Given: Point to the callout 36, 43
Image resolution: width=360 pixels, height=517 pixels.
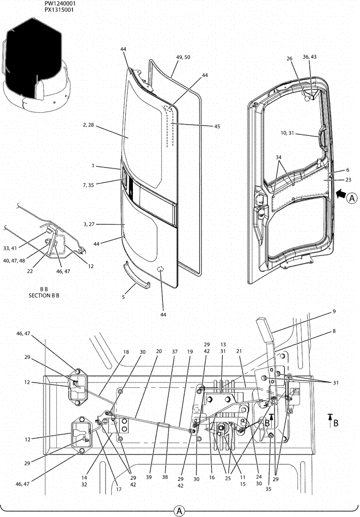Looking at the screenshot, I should [x=312, y=57].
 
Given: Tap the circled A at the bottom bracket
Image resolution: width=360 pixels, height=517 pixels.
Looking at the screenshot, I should [x=179, y=510].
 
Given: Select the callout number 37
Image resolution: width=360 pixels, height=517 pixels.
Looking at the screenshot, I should [x=174, y=351].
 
